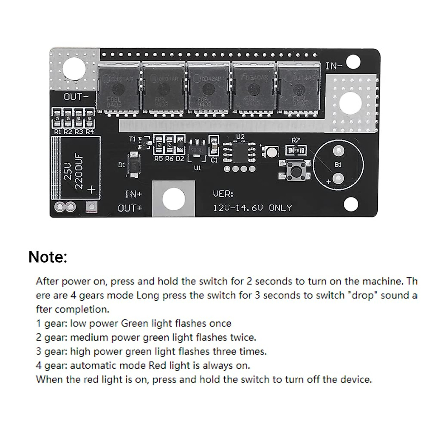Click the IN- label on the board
click(334, 66)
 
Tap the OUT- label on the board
click(75, 97)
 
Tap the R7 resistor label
click(296, 140)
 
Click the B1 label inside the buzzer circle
click(338, 164)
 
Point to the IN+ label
click(133, 194)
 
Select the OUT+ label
click(130, 208)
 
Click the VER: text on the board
click(223, 194)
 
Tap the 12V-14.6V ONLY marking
click(252, 208)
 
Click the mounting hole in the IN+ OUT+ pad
click(174, 199)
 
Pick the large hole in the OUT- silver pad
click(75, 70)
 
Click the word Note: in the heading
click(48, 257)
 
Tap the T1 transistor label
click(133, 138)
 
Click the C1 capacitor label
click(214, 160)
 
